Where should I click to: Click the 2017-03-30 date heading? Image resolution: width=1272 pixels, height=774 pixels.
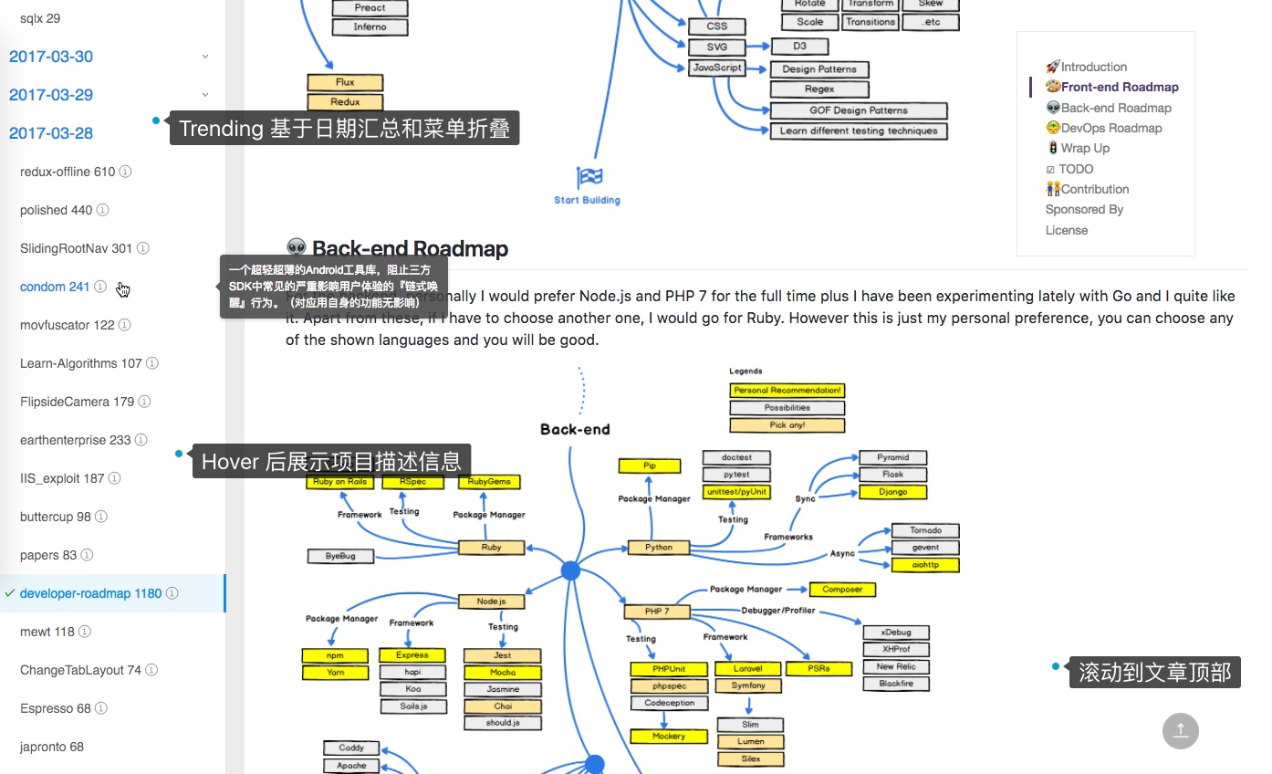pyautogui.click(x=51, y=57)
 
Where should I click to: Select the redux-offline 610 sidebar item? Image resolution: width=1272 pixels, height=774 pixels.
pyautogui.click(x=68, y=172)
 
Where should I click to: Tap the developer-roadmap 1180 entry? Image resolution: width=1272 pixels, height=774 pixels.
pyautogui.click(x=90, y=593)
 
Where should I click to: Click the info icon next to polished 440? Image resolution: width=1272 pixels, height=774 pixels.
pyautogui.click(x=103, y=210)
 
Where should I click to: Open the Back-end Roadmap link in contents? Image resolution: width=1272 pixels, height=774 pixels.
pyautogui.click(x=1115, y=108)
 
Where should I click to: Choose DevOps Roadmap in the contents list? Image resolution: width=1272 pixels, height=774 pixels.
pyautogui.click(x=1110, y=128)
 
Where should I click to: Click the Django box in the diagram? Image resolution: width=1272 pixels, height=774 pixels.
pyautogui.click(x=892, y=491)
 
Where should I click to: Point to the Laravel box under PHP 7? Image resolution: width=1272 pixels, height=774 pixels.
pyautogui.click(x=747, y=668)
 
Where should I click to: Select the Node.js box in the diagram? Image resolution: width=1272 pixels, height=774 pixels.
pyautogui.click(x=491, y=601)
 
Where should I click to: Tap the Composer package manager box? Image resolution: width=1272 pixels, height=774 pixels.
pyautogui.click(x=842, y=590)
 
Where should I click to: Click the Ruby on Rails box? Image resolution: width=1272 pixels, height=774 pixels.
pyautogui.click(x=339, y=481)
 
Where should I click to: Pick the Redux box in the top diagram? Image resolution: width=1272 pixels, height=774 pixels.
pyautogui.click(x=345, y=102)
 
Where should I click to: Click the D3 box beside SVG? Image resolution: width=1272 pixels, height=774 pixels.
pyautogui.click(x=799, y=47)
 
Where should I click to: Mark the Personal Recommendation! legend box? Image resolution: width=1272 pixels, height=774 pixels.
pyautogui.click(x=787, y=390)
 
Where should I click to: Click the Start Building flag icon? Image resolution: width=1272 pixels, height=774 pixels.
pyautogui.click(x=589, y=176)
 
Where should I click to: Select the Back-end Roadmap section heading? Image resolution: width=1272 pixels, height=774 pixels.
pyautogui.click(x=409, y=248)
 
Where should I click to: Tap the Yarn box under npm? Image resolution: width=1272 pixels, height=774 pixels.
pyautogui.click(x=335, y=673)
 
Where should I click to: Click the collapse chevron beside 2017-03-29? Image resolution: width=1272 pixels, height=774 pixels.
pyautogui.click(x=205, y=95)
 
